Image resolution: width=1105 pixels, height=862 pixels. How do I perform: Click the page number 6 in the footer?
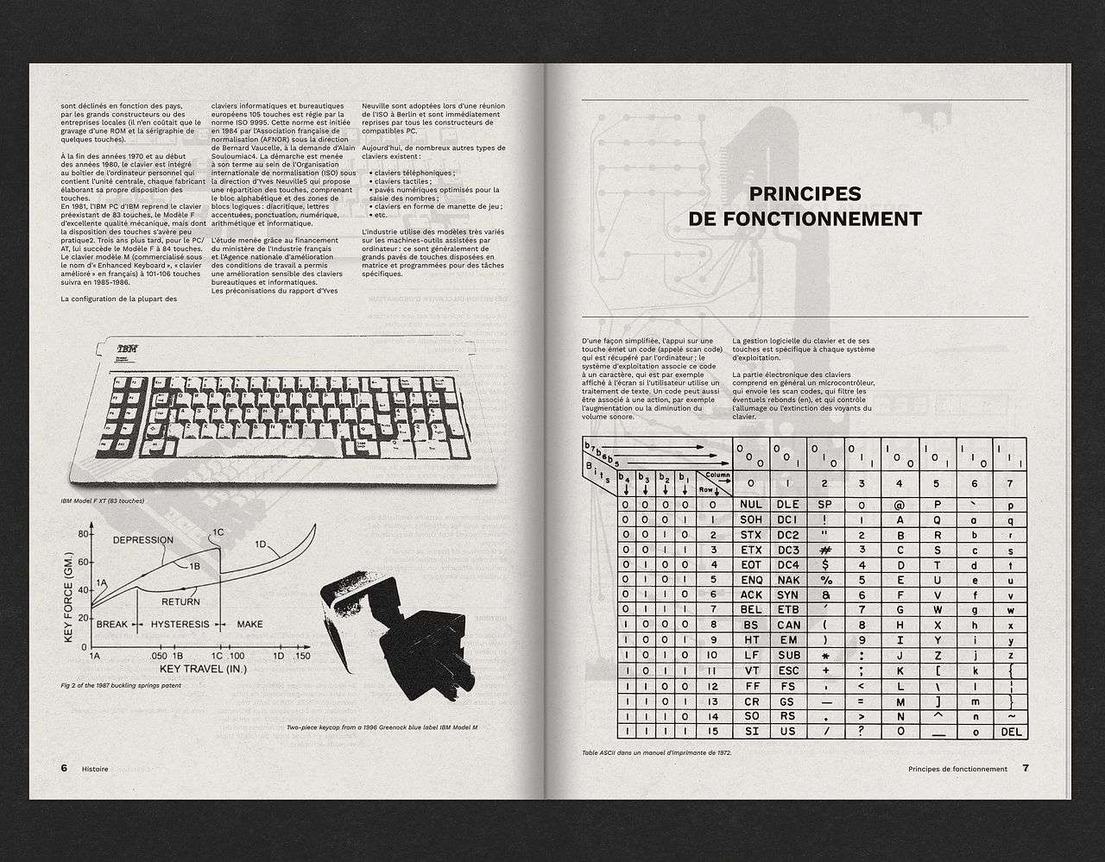pos(64,768)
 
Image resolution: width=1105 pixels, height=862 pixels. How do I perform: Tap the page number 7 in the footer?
pos(1026,768)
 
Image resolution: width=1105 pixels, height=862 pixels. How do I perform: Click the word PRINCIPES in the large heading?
pos(805,194)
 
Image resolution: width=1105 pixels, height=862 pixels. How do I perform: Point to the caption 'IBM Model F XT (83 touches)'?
pos(103,500)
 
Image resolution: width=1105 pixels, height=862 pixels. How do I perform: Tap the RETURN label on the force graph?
pos(180,601)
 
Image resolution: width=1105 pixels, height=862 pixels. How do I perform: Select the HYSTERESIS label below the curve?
pos(180,624)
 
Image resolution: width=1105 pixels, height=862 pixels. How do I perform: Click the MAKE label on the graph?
pos(249,624)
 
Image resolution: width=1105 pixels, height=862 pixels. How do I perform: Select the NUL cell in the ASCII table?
pos(751,505)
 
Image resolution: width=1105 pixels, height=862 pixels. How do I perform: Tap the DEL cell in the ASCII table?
pos(1011,732)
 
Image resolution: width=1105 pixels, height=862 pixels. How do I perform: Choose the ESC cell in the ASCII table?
pos(788,670)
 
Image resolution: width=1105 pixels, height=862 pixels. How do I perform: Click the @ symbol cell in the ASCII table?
pos(899,505)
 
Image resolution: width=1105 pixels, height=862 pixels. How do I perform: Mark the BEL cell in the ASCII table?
pos(751,610)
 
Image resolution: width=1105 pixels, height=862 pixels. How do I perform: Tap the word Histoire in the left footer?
pos(95,768)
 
